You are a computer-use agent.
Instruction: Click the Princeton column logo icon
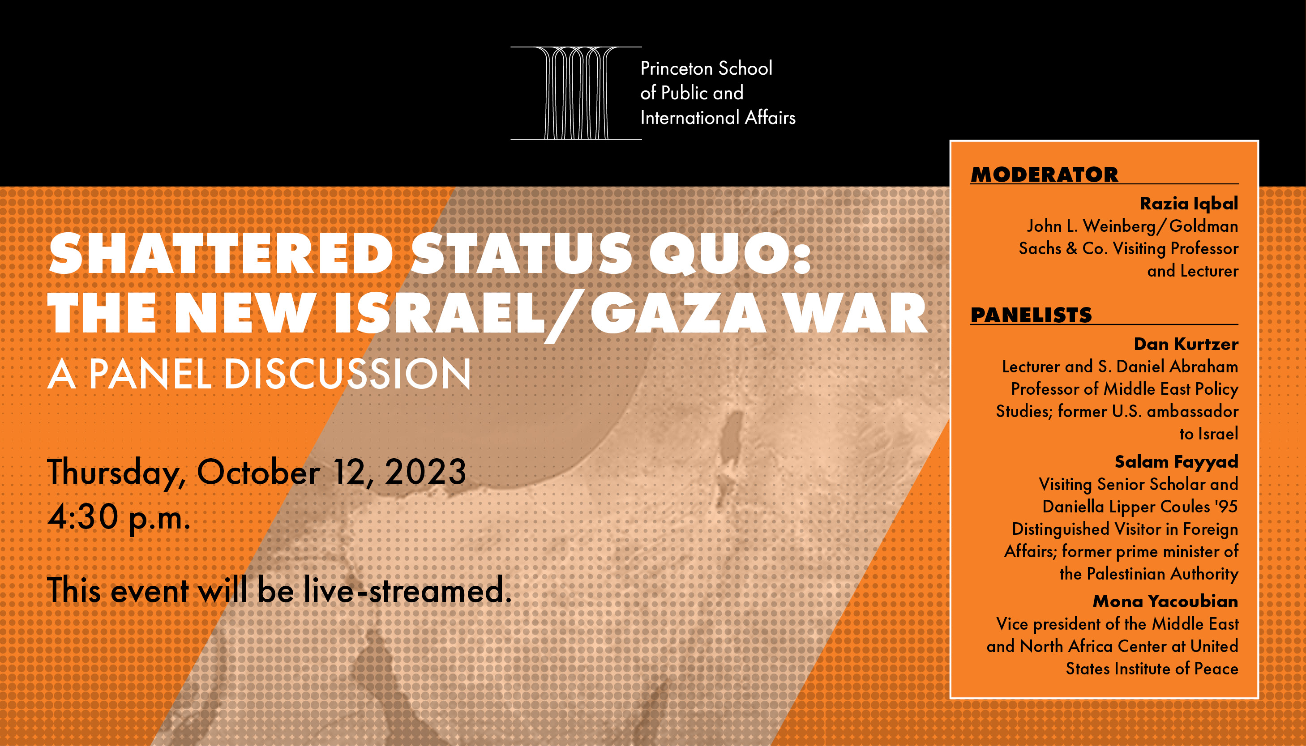point(576,93)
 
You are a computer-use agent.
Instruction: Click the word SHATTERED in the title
point(221,254)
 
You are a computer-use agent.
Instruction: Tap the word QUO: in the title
point(730,254)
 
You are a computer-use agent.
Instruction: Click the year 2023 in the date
point(425,472)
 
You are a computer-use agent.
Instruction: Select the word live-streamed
point(407,590)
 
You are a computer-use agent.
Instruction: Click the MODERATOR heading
point(1045,175)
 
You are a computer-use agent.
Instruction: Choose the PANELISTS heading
point(1031,315)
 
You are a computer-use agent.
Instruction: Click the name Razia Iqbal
point(1189,204)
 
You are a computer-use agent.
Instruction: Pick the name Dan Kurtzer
point(1186,344)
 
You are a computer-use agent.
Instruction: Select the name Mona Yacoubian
point(1165,601)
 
